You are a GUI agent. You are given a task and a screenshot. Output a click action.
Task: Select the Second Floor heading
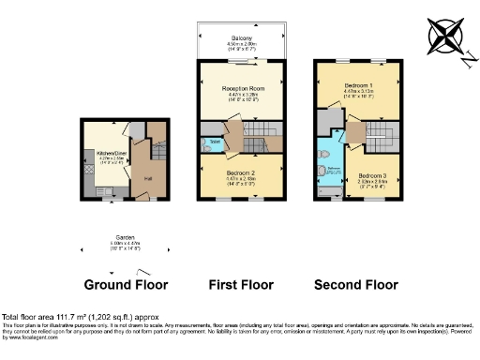(x=357, y=284)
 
